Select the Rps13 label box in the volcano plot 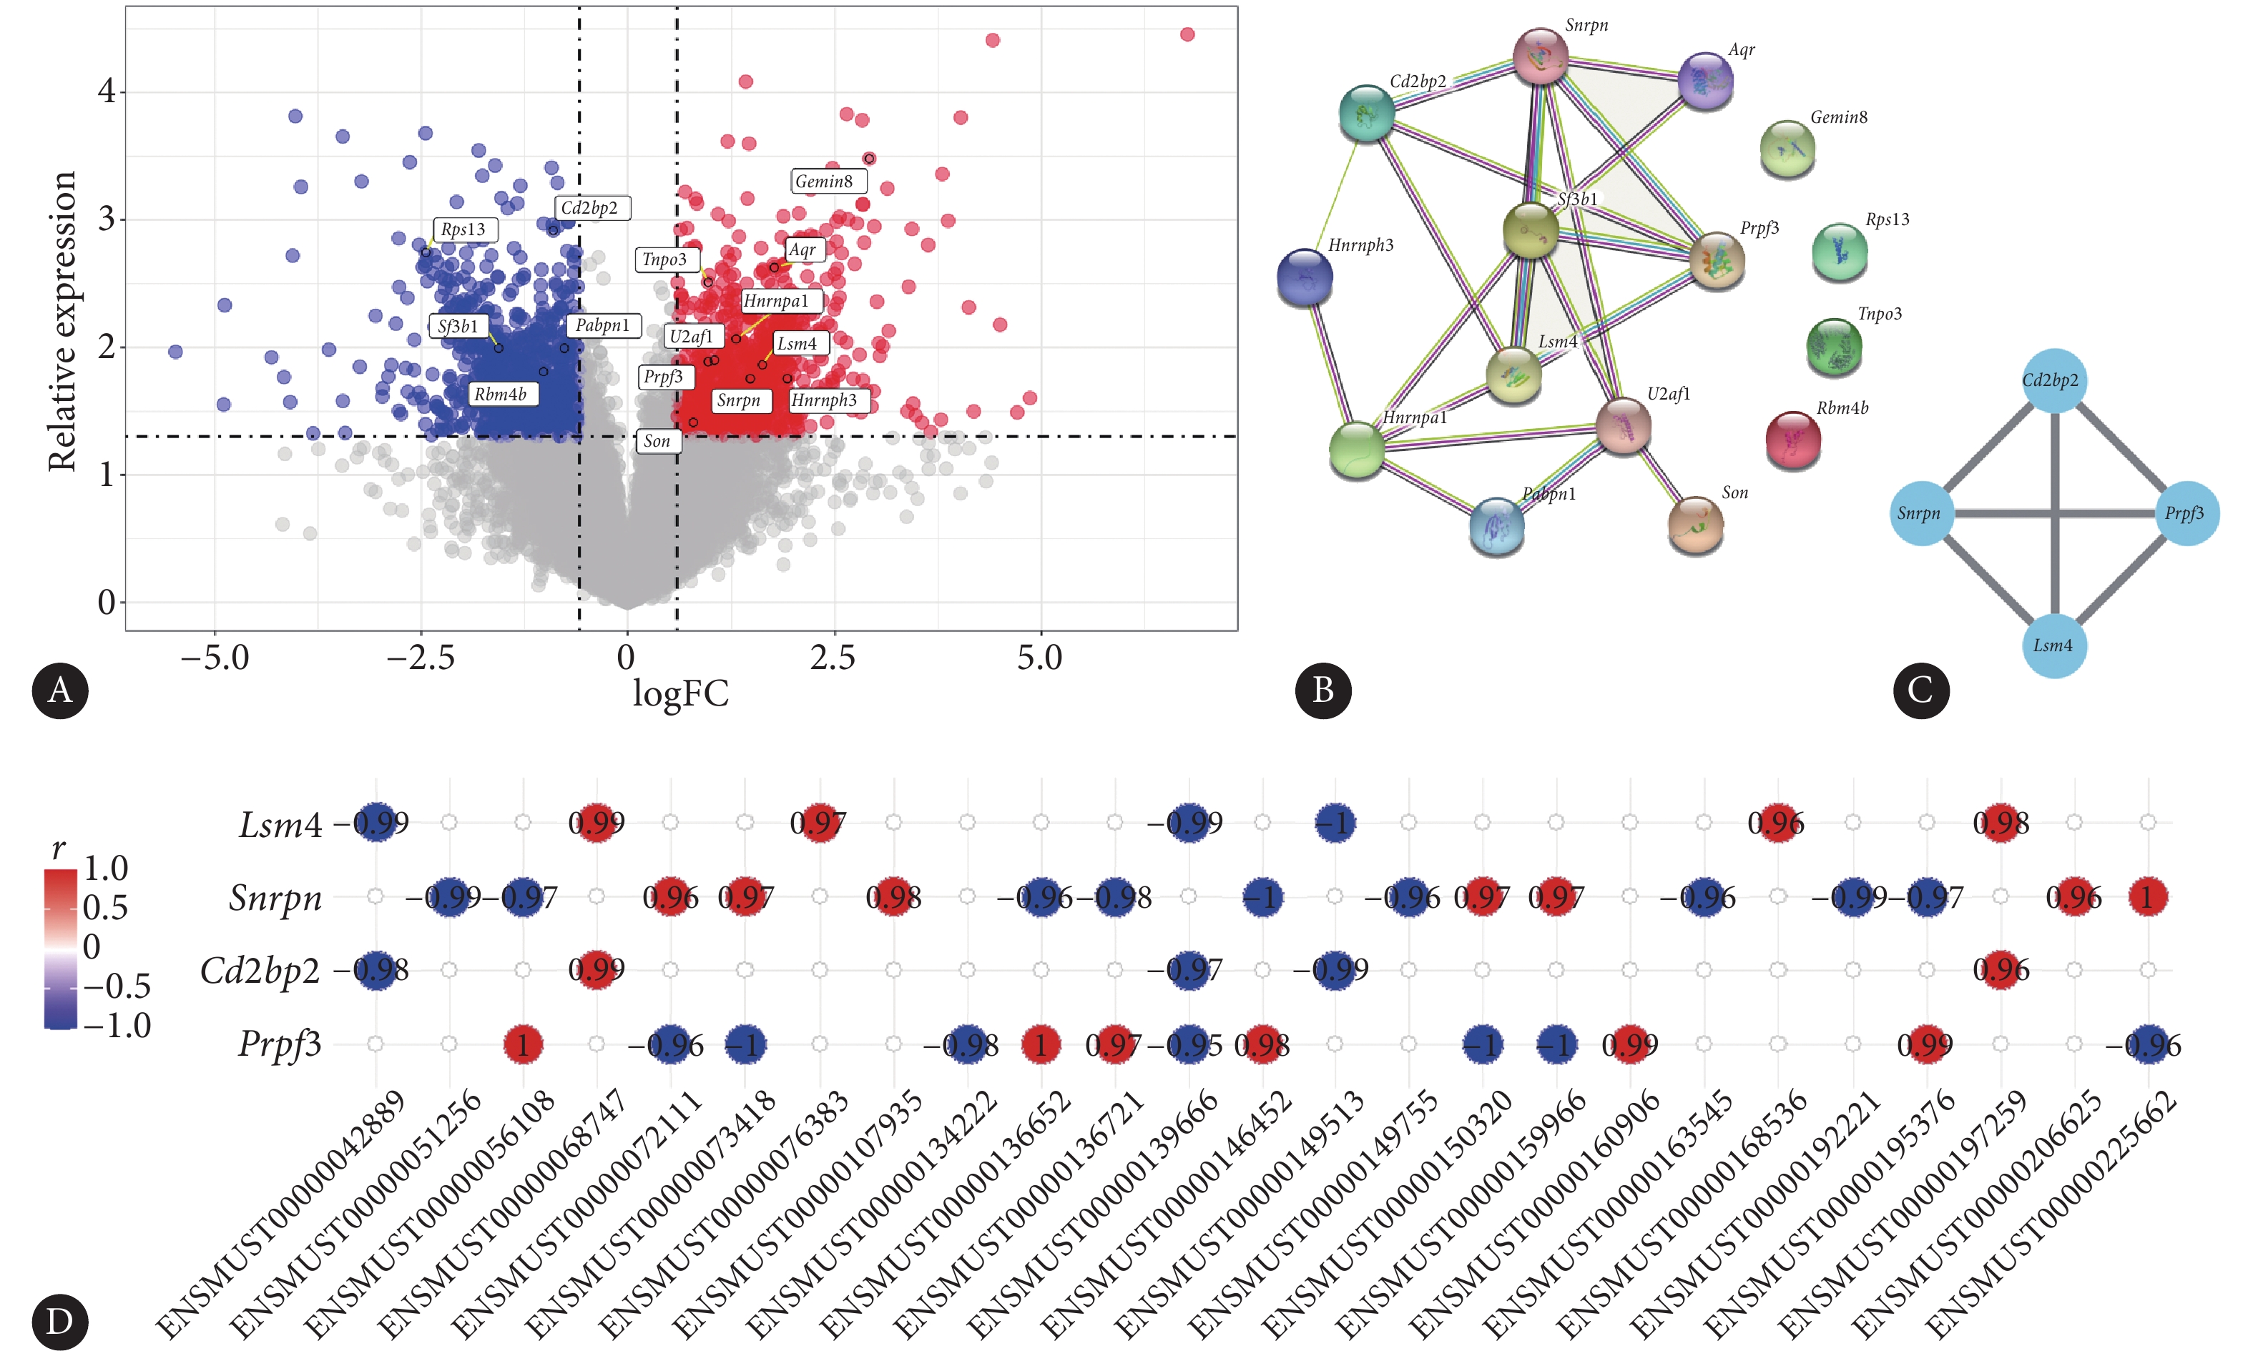tap(463, 229)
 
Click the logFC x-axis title tap(680, 693)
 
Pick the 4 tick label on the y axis tap(107, 91)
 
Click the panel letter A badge tap(60, 690)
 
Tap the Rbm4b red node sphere tap(1793, 440)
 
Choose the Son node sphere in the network tap(1695, 525)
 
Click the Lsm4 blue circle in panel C tap(2053, 645)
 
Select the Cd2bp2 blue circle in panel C tap(2053, 380)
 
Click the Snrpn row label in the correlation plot tap(275, 898)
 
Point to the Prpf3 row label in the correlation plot tap(280, 1044)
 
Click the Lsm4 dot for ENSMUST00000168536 tap(1777, 823)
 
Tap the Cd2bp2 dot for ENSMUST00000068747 tap(597, 969)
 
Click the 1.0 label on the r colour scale tap(106, 868)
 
